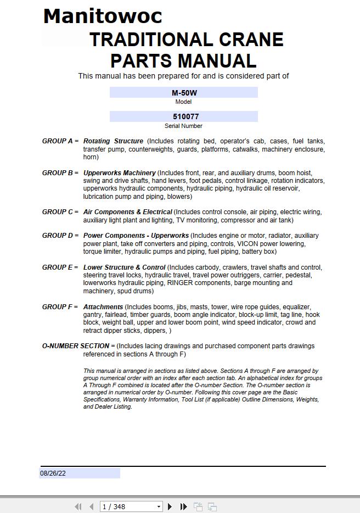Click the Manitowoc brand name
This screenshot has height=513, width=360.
click(103, 16)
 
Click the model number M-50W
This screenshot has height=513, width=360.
click(184, 93)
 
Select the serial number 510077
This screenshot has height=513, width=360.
click(184, 116)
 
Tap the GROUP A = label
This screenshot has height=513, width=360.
click(60, 141)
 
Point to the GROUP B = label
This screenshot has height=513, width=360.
click(60, 173)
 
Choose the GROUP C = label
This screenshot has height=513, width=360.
click(60, 212)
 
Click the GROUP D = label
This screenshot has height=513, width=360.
click(60, 236)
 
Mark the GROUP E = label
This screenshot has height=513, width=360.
click(60, 267)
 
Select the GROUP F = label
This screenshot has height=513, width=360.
click(60, 307)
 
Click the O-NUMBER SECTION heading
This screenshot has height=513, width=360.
click(76, 346)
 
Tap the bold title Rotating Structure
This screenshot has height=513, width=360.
click(113, 141)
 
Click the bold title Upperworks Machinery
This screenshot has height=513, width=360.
click(120, 173)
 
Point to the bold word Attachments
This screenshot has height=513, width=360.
click(103, 307)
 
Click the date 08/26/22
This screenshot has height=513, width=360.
click(53, 473)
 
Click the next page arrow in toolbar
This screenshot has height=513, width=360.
click(170, 506)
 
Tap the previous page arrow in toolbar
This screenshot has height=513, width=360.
click(91, 506)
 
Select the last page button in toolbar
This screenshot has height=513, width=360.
click(184, 506)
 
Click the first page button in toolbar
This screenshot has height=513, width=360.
click(78, 506)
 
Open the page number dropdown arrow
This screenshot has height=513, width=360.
click(159, 506)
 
